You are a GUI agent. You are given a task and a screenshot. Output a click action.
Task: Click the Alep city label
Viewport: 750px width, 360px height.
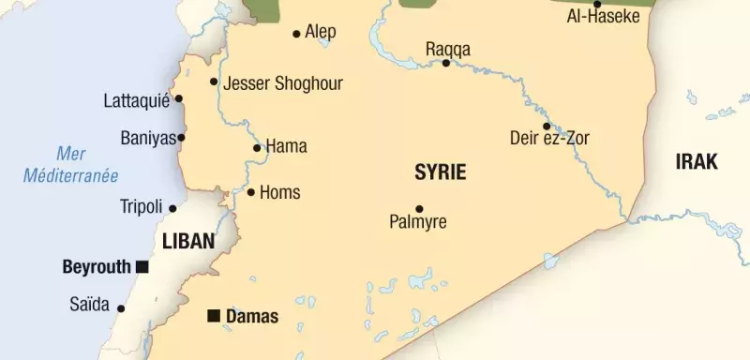tap(321, 32)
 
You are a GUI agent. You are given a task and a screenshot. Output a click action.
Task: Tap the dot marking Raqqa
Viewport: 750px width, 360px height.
tap(446, 63)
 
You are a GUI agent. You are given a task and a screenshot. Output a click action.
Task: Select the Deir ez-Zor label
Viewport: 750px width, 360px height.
tap(549, 139)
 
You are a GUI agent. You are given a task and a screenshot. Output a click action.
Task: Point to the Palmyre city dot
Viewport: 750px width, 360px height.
tap(419, 208)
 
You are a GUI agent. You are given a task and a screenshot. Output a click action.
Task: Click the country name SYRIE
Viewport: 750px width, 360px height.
tap(440, 172)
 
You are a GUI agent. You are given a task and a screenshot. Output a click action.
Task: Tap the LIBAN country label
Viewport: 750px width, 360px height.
tap(188, 241)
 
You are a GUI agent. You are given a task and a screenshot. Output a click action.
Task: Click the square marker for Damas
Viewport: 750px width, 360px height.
tap(214, 315)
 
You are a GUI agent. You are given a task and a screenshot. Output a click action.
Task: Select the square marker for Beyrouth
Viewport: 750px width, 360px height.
tap(142, 267)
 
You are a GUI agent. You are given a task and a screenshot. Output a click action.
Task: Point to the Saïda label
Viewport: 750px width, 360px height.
tap(90, 305)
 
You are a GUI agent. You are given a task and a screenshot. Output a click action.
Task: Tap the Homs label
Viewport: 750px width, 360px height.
tap(279, 192)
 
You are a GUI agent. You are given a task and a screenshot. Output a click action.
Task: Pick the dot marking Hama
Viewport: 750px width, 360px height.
tap(257, 147)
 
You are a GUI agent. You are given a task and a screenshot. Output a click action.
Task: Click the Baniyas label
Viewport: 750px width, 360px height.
tap(148, 139)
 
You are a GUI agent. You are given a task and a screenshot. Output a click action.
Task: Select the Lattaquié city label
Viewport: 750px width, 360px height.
tap(136, 99)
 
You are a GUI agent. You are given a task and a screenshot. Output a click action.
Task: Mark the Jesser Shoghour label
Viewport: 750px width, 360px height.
tap(283, 83)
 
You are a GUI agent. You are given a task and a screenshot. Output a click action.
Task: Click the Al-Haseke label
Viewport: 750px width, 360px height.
tap(604, 17)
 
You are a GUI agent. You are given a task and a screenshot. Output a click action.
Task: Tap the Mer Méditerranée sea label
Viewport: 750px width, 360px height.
tap(71, 164)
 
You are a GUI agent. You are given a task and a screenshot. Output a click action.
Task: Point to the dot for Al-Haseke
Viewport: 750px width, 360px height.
tap(597, 4)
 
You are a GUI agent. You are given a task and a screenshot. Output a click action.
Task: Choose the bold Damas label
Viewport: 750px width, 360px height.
tap(252, 317)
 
